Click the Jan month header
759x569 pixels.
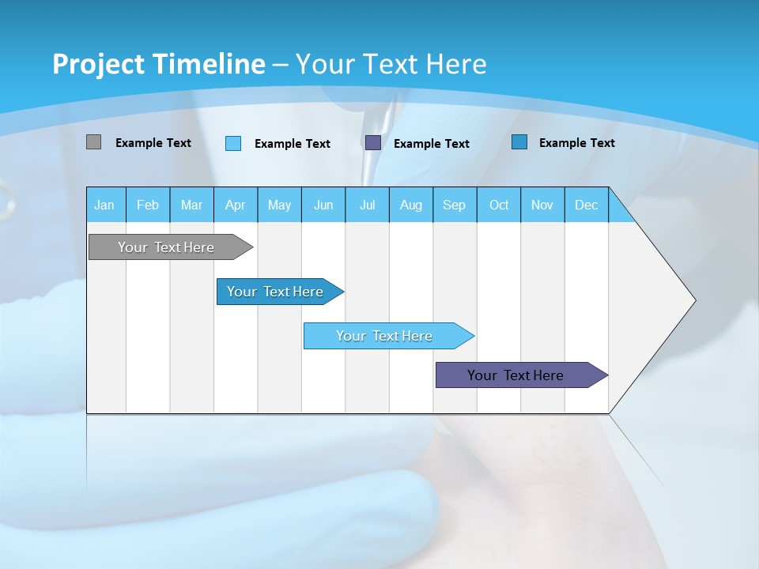[104, 205]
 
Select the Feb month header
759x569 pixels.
[148, 205]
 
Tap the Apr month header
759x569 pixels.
[236, 205]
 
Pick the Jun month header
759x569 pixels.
[323, 205]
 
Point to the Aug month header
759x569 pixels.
[411, 205]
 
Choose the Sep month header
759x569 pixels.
[455, 205]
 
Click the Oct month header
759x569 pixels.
[499, 205]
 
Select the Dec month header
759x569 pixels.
[587, 205]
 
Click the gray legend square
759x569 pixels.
[94, 142]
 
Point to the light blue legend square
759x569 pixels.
[233, 143]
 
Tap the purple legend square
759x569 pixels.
[373, 142]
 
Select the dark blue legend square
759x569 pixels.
[519, 142]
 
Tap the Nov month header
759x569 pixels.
[542, 205]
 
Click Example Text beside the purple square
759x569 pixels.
[432, 144]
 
